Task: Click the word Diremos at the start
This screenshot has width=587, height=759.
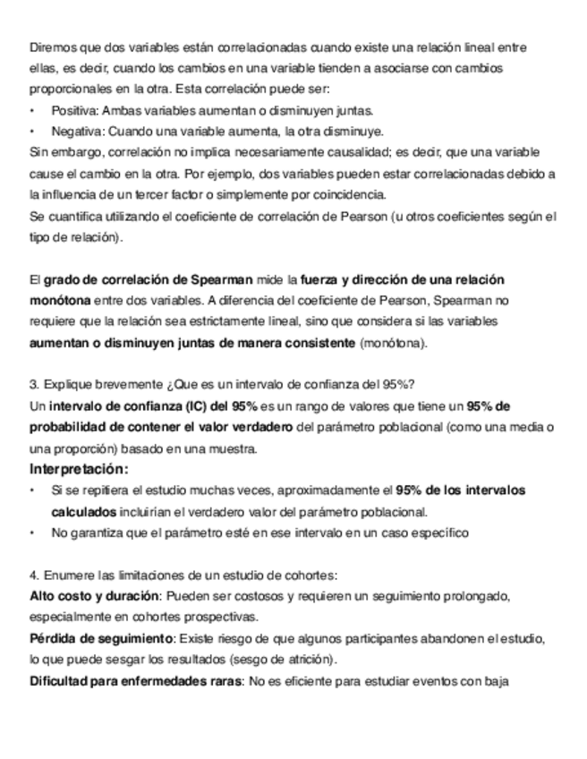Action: (50, 46)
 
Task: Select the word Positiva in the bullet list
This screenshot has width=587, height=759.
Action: (74, 110)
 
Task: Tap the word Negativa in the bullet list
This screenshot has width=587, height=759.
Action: (77, 131)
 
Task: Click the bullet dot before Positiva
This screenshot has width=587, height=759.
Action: (32, 110)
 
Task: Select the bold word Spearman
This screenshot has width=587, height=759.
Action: (217, 280)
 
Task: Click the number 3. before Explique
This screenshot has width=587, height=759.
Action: (34, 386)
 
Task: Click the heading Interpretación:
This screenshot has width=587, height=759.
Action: (79, 470)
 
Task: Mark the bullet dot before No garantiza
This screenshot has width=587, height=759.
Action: (32, 533)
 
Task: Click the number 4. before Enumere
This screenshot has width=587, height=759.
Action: (34, 575)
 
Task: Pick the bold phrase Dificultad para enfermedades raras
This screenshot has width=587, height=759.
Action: (135, 682)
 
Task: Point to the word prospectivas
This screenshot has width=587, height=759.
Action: (218, 618)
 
